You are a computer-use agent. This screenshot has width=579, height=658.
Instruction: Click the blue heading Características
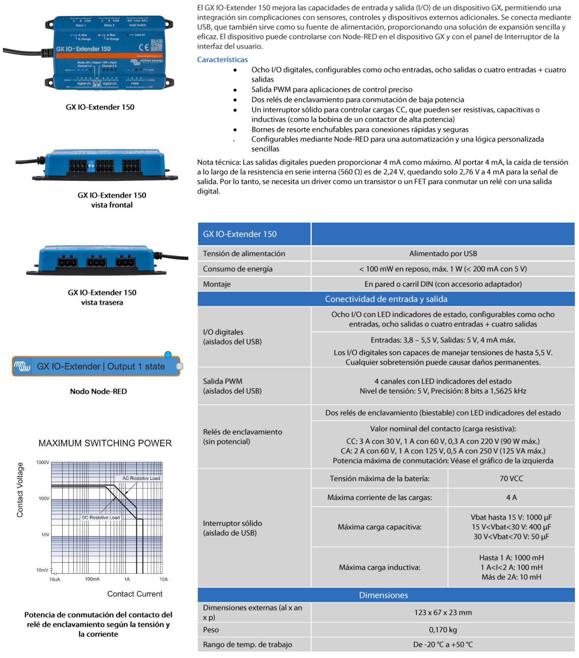(222, 60)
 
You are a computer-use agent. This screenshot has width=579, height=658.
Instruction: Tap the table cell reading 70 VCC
(511, 478)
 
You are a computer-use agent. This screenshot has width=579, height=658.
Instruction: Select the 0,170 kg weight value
(443, 630)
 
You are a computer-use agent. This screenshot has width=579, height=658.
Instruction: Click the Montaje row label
(217, 284)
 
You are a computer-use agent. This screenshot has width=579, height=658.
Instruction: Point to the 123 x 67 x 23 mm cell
(443, 613)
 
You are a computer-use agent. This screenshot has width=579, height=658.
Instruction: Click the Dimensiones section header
(383, 595)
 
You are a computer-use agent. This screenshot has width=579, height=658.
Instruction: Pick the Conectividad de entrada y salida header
(386, 299)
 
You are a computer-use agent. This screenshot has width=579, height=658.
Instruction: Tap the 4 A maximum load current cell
(511, 498)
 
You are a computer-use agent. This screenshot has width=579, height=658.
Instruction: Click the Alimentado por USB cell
(443, 254)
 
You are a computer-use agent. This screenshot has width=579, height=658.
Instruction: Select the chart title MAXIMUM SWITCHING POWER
(105, 443)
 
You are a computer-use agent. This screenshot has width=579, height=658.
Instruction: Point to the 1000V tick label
(43, 462)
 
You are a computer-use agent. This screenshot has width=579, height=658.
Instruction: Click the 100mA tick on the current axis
(92, 579)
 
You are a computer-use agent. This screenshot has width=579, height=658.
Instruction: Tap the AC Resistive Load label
(141, 478)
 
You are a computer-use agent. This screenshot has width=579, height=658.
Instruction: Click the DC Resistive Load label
(101, 518)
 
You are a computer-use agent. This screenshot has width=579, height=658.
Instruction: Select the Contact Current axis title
(135, 594)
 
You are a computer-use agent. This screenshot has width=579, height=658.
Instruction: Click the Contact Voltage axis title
(20, 490)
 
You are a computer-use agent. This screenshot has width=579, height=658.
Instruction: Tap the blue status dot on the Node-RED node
(168, 354)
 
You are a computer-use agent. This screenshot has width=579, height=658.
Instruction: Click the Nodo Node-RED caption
(98, 391)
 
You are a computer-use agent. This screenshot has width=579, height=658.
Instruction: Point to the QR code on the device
(156, 45)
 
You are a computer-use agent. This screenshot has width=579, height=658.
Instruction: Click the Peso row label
(211, 630)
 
